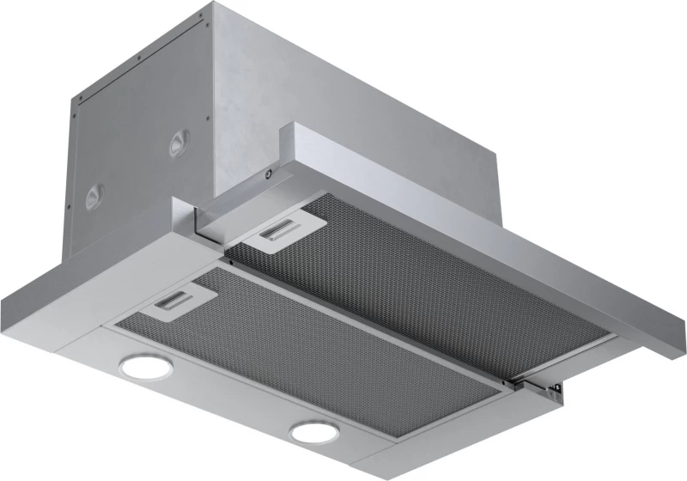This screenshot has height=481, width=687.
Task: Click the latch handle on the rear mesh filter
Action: pyautogui.click(x=279, y=231)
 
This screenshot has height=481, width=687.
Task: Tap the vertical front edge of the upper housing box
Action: pyautogui.click(x=210, y=94)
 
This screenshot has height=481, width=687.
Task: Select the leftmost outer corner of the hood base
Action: pyautogui.click(x=4, y=296)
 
